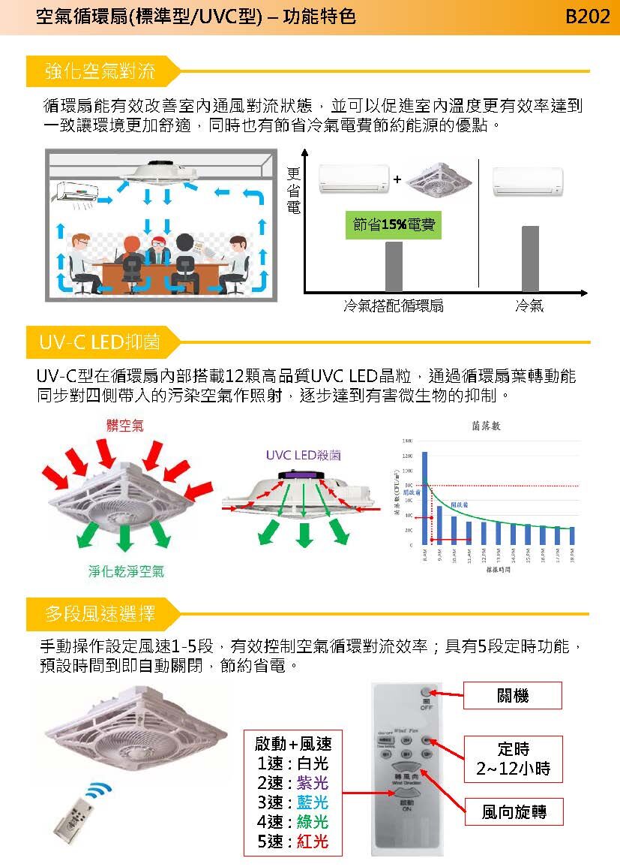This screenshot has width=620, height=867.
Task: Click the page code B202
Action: (588, 17)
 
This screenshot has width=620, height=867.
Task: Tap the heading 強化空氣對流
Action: (100, 72)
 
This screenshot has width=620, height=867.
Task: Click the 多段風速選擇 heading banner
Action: (100, 615)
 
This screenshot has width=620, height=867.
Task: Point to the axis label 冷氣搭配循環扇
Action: (394, 306)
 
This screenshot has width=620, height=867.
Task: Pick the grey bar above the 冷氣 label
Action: (529, 258)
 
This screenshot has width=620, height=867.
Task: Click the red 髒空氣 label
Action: (124, 426)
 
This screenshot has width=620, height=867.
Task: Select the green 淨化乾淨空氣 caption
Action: (126, 571)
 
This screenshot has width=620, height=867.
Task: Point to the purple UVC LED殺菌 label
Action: (303, 455)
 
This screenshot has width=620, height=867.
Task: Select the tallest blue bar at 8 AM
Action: (425, 497)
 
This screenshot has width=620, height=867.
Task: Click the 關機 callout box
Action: (513, 696)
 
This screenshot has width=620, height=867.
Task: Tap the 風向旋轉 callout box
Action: (514, 811)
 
